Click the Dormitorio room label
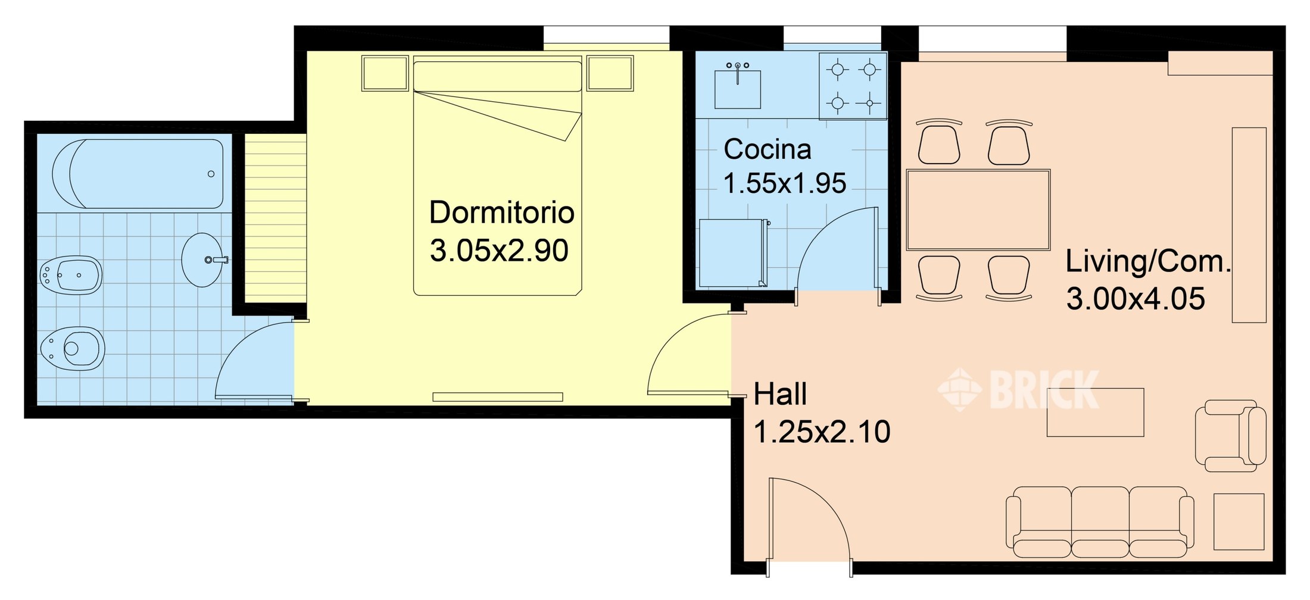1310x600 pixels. [501, 212]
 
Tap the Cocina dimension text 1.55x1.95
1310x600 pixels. [784, 183]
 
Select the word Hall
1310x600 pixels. [780, 394]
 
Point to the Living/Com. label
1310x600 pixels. [1147, 262]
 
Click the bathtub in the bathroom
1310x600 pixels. [138, 174]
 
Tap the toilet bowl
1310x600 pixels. [73, 348]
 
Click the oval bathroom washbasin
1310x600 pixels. [201, 260]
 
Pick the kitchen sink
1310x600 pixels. [737, 89]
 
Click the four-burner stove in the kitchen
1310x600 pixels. [853, 86]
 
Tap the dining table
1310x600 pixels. [978, 210]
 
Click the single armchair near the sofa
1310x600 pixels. [1230, 436]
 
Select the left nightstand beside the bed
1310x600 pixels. [385, 73]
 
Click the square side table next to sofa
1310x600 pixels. [1239, 521]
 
